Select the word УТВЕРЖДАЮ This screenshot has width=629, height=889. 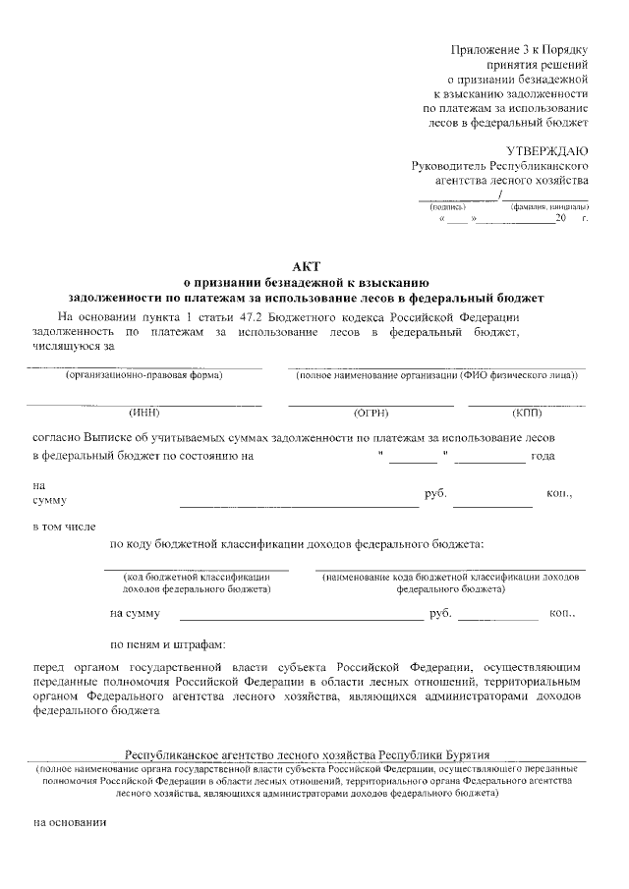point(546,150)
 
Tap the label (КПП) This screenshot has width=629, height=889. point(527,413)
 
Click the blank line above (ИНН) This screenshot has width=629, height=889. point(144,404)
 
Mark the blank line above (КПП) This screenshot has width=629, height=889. point(527,404)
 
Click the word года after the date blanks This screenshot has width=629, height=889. point(543,456)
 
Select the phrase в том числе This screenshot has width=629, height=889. point(64,528)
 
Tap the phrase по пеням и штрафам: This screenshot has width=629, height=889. point(168,644)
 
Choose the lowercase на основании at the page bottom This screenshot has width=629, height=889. point(69,823)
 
